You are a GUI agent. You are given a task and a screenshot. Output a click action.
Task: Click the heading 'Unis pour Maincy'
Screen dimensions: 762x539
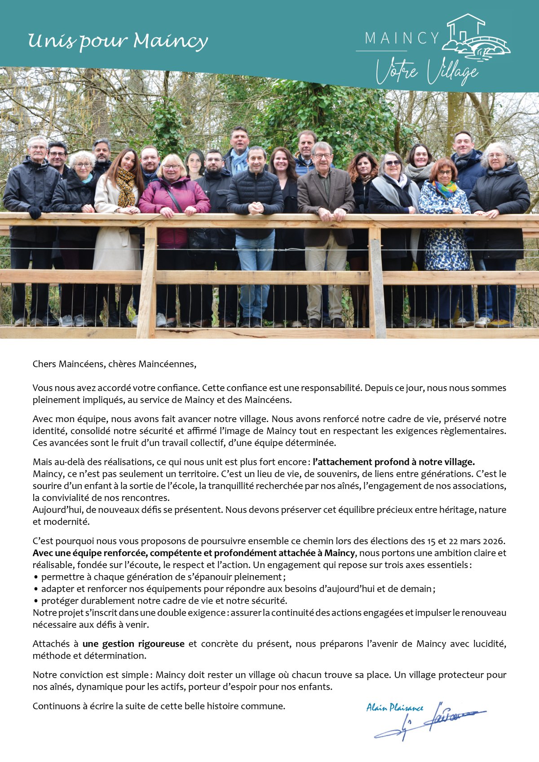pos(118,41)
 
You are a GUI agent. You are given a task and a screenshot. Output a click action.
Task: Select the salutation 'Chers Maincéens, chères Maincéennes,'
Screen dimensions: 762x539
pos(115,364)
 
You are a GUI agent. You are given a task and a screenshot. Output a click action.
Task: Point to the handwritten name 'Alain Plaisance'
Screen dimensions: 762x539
pos(394,708)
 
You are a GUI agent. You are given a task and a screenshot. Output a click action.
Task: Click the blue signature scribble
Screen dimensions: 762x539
pos(431,721)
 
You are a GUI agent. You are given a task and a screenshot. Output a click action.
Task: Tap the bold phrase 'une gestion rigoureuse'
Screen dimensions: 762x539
pos(133,644)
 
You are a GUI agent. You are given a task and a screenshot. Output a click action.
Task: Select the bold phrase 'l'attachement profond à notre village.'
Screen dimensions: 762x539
pos(394,462)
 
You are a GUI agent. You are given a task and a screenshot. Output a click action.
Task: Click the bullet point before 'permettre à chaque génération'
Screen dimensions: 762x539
pos(35,577)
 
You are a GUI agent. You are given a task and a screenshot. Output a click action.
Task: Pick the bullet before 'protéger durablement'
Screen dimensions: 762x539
pos(35,601)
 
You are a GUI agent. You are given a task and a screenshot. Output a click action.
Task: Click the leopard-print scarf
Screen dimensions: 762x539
pos(126,186)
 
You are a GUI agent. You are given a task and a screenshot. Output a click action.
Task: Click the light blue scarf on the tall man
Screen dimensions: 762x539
pos(239,160)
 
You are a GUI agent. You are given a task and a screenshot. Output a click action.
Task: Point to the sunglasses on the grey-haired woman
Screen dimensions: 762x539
pos(393,163)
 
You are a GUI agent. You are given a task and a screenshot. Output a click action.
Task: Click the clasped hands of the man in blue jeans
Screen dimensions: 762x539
pos(255,207)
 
